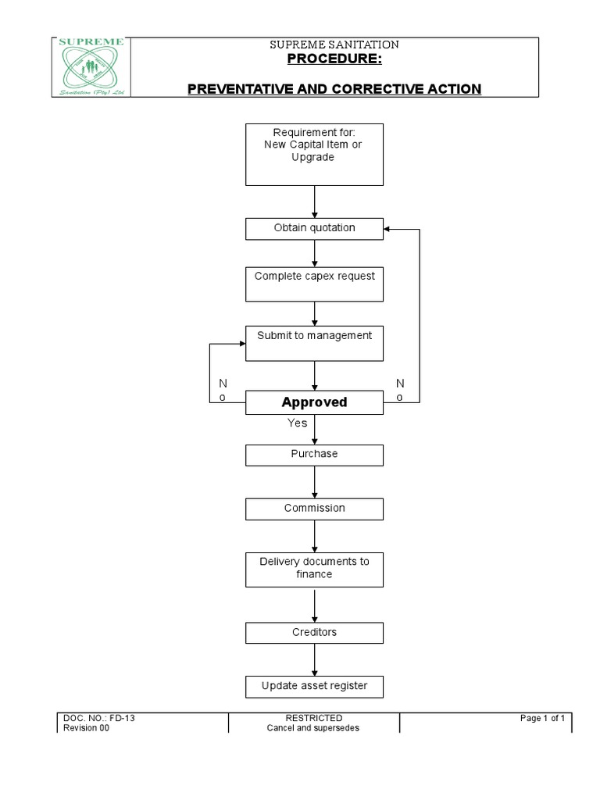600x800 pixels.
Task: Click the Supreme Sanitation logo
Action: (x=91, y=67)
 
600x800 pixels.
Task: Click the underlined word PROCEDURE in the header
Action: (x=334, y=59)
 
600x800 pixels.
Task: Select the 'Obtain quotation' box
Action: (x=314, y=229)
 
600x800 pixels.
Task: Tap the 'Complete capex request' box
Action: (x=314, y=284)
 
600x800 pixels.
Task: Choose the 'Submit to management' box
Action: (x=314, y=344)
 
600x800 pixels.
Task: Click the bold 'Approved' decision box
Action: (x=314, y=402)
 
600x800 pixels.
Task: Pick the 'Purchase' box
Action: (x=314, y=455)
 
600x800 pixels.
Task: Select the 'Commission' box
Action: (x=314, y=509)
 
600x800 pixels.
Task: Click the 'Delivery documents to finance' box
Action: (x=314, y=570)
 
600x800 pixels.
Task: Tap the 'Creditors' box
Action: (x=314, y=633)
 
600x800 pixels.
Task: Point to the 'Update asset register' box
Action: (x=314, y=687)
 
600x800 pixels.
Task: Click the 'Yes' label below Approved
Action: (x=298, y=423)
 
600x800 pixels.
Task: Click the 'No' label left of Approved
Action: (x=223, y=390)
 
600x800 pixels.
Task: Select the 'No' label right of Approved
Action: (x=400, y=390)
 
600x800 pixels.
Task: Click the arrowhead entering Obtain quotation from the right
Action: (x=386, y=229)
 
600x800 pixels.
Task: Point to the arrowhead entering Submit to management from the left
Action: (x=243, y=344)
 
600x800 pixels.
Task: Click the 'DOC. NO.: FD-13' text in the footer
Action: (x=99, y=718)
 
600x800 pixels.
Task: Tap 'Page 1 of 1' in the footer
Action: (x=542, y=718)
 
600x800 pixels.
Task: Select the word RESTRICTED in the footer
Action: (x=314, y=718)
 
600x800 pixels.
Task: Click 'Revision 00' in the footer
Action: (x=86, y=728)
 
